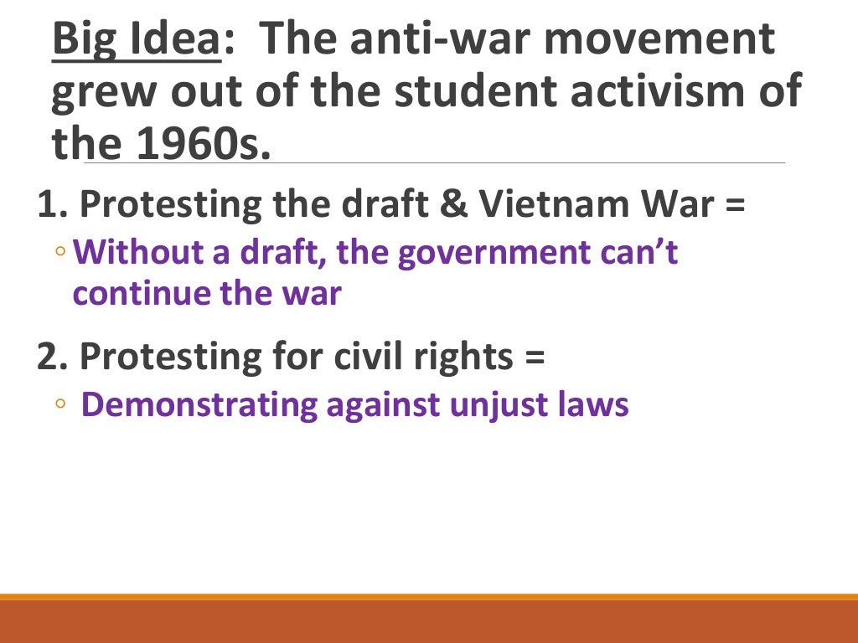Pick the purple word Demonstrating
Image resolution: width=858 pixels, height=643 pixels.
(199, 405)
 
